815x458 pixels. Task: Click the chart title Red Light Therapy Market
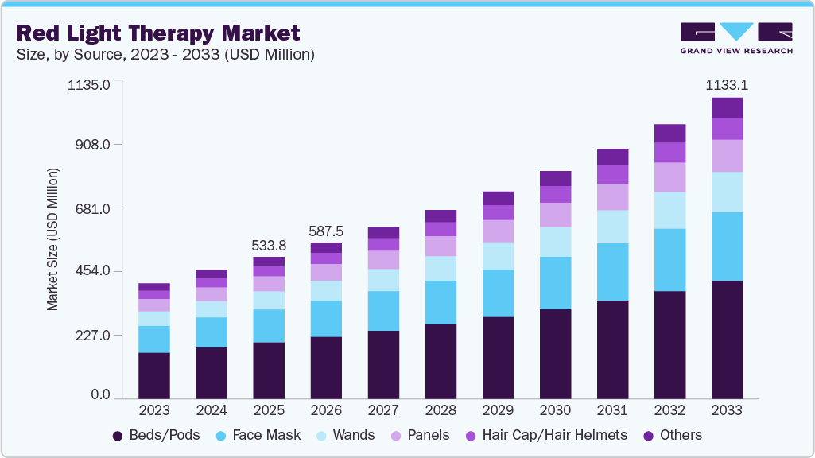click(x=158, y=33)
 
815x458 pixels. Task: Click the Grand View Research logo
click(x=736, y=38)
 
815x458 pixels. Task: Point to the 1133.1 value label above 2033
click(x=728, y=85)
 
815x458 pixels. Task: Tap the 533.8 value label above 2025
click(x=269, y=244)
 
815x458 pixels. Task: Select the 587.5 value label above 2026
click(x=326, y=231)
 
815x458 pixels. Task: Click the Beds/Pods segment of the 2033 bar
click(x=727, y=340)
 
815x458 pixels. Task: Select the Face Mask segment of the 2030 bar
click(x=555, y=283)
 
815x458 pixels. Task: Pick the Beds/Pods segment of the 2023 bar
click(x=154, y=375)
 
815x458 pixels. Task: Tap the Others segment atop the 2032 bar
click(x=669, y=133)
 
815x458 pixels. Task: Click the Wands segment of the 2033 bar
click(x=727, y=192)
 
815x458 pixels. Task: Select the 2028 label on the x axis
click(x=440, y=411)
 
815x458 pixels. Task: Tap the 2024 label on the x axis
click(x=212, y=411)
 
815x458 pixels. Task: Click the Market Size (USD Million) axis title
click(x=52, y=239)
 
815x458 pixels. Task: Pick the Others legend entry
click(x=672, y=435)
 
